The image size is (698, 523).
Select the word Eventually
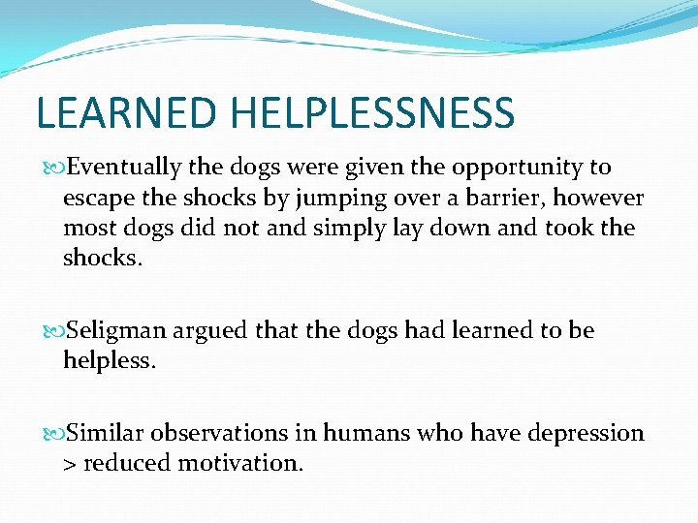point(125,168)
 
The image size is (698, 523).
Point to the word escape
point(94,199)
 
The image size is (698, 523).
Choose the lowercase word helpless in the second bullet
point(107,361)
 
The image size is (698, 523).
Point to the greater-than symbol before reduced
point(70,464)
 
